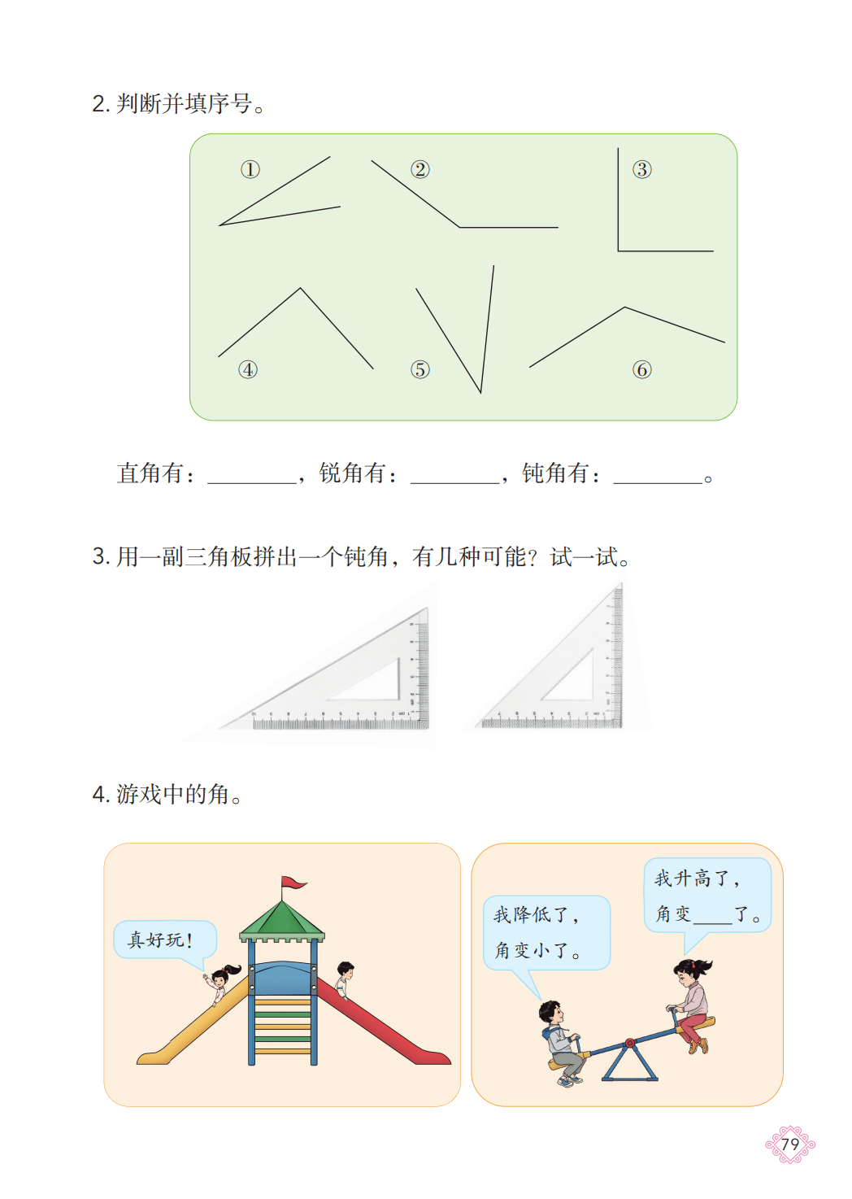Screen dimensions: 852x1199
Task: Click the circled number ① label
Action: tap(250, 170)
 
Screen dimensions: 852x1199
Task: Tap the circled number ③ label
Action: tap(641, 170)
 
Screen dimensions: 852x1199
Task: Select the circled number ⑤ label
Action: tap(419, 369)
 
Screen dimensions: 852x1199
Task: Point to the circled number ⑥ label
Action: tap(641, 369)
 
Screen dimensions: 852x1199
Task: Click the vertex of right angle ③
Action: tap(619, 251)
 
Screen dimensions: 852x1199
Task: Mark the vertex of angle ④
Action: tap(301, 289)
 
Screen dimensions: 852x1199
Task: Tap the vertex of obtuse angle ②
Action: tap(459, 227)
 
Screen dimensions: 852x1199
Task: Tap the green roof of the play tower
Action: tap(282, 920)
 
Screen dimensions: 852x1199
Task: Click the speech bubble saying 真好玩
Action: tap(165, 940)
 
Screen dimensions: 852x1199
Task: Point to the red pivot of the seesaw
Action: tap(630, 1042)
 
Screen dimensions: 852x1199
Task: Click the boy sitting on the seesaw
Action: tap(562, 1043)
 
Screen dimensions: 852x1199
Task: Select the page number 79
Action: tap(790, 1144)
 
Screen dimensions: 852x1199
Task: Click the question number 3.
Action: tap(100, 556)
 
